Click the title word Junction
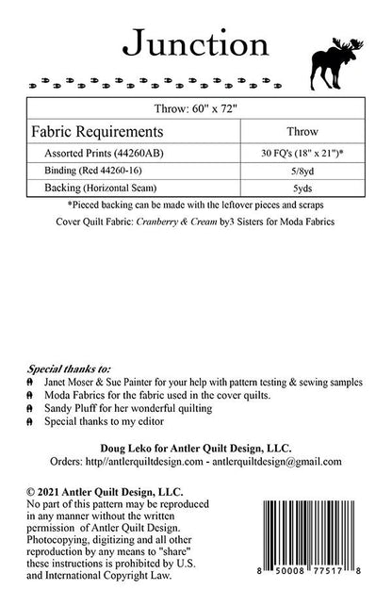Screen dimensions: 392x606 click(195, 42)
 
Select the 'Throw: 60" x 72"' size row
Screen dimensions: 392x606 click(195, 108)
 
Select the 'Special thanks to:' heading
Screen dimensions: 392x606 click(70, 369)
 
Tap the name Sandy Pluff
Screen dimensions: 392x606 click(72, 410)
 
